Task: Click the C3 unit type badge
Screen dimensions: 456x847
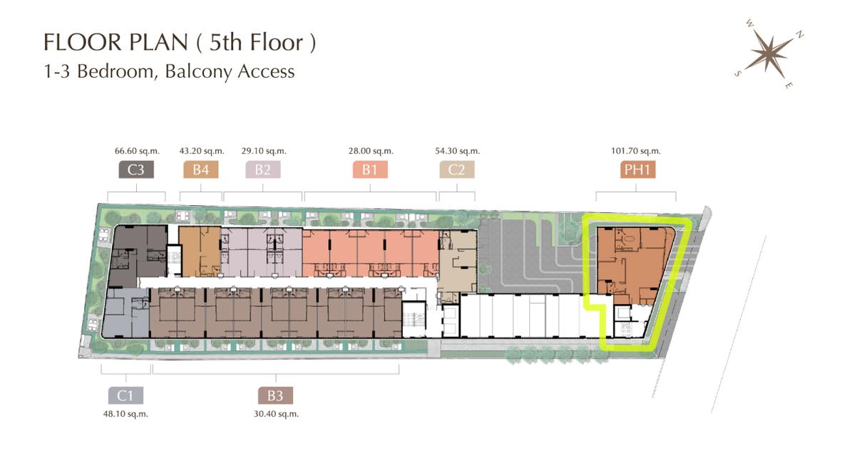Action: coord(136,170)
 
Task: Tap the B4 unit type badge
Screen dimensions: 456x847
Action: coord(201,170)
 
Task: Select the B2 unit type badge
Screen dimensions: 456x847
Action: coord(263,170)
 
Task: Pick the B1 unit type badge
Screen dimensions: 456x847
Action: coord(371,170)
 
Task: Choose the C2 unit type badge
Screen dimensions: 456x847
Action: coord(457,170)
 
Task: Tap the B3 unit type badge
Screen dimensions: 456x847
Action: coord(275,396)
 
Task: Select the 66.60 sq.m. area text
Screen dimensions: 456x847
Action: coord(136,151)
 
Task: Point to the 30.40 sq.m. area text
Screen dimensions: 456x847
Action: coord(275,413)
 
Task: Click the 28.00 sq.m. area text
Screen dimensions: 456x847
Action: coord(371,151)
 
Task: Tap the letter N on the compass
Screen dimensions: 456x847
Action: coord(801,34)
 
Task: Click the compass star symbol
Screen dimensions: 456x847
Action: coord(769,53)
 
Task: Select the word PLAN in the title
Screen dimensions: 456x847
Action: coord(147,43)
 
